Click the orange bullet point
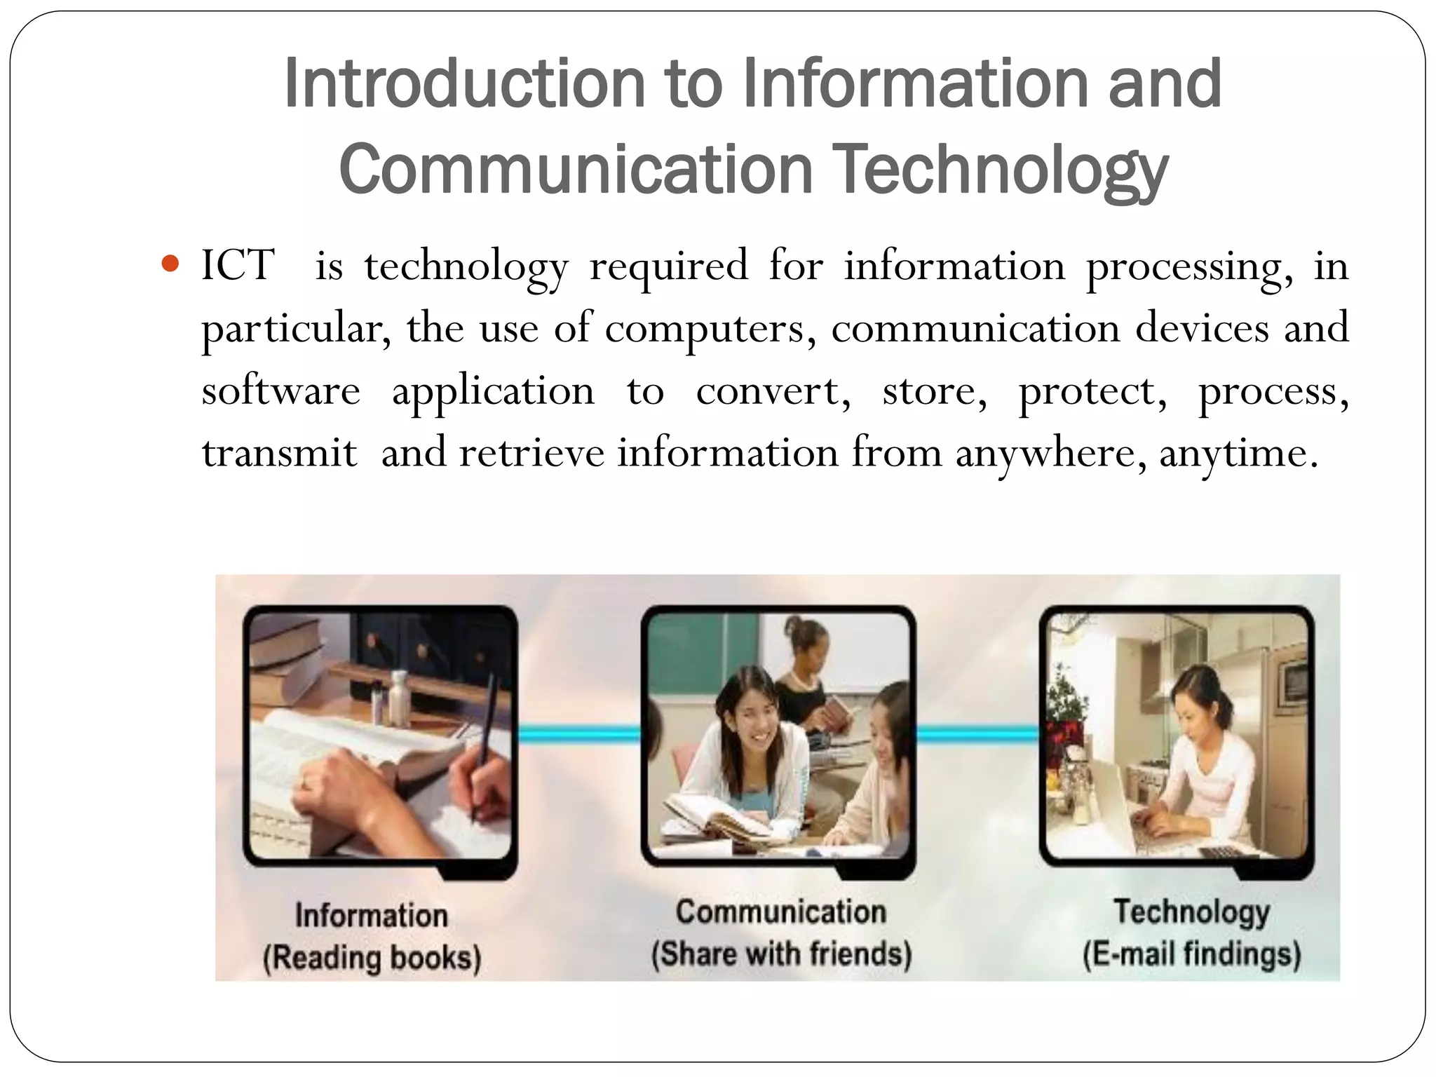tap(170, 264)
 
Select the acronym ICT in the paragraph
tap(238, 265)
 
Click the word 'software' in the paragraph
tap(280, 391)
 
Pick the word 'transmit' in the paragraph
tap(279, 453)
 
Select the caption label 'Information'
tap(371, 915)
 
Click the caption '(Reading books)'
tap(372, 958)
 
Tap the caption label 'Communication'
tap(781, 912)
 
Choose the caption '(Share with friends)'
tap(781, 954)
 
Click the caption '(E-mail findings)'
tap(1191, 954)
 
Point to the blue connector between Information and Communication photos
tap(579, 733)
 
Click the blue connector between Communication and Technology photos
tap(977, 733)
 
